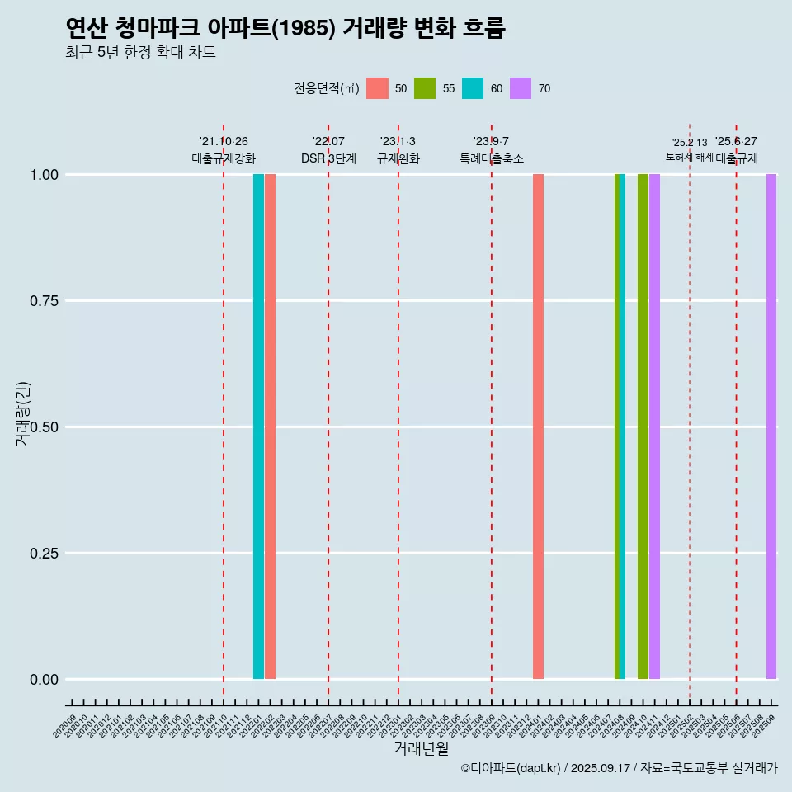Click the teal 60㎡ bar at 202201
click(x=258, y=427)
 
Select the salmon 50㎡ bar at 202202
click(x=270, y=427)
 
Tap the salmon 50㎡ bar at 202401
click(x=538, y=427)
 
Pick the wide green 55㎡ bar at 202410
click(x=643, y=427)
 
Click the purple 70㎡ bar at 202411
click(x=654, y=427)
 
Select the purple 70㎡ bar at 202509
click(x=771, y=427)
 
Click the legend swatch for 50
click(x=377, y=88)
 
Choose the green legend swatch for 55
click(x=425, y=88)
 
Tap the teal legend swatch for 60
click(x=473, y=88)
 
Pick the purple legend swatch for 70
click(x=521, y=88)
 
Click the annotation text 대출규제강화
click(x=224, y=158)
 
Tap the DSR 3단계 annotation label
click(x=328, y=158)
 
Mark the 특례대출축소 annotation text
click(x=492, y=158)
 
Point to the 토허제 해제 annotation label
click(x=689, y=157)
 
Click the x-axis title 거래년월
click(x=422, y=748)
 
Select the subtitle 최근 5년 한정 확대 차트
click(x=140, y=53)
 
